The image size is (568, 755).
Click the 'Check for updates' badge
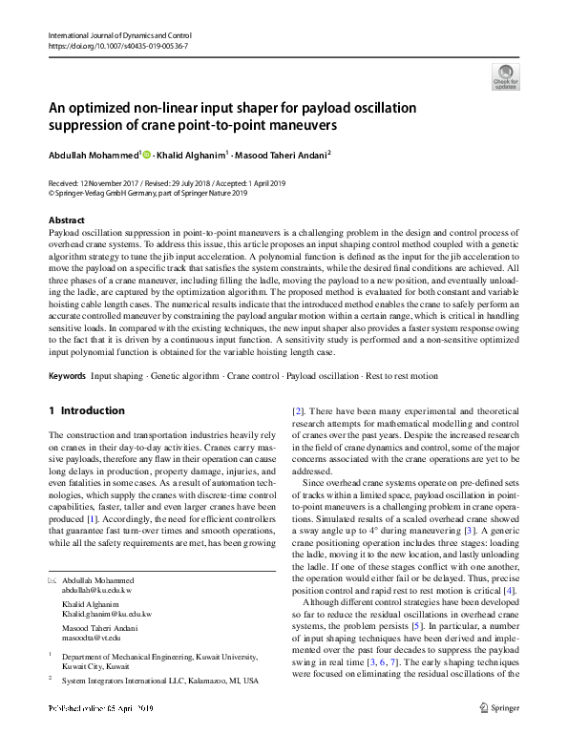tap(505, 75)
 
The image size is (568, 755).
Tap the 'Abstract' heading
tap(65, 220)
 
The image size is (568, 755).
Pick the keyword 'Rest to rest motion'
tap(401, 376)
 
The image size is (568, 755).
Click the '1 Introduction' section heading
tap(87, 410)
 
